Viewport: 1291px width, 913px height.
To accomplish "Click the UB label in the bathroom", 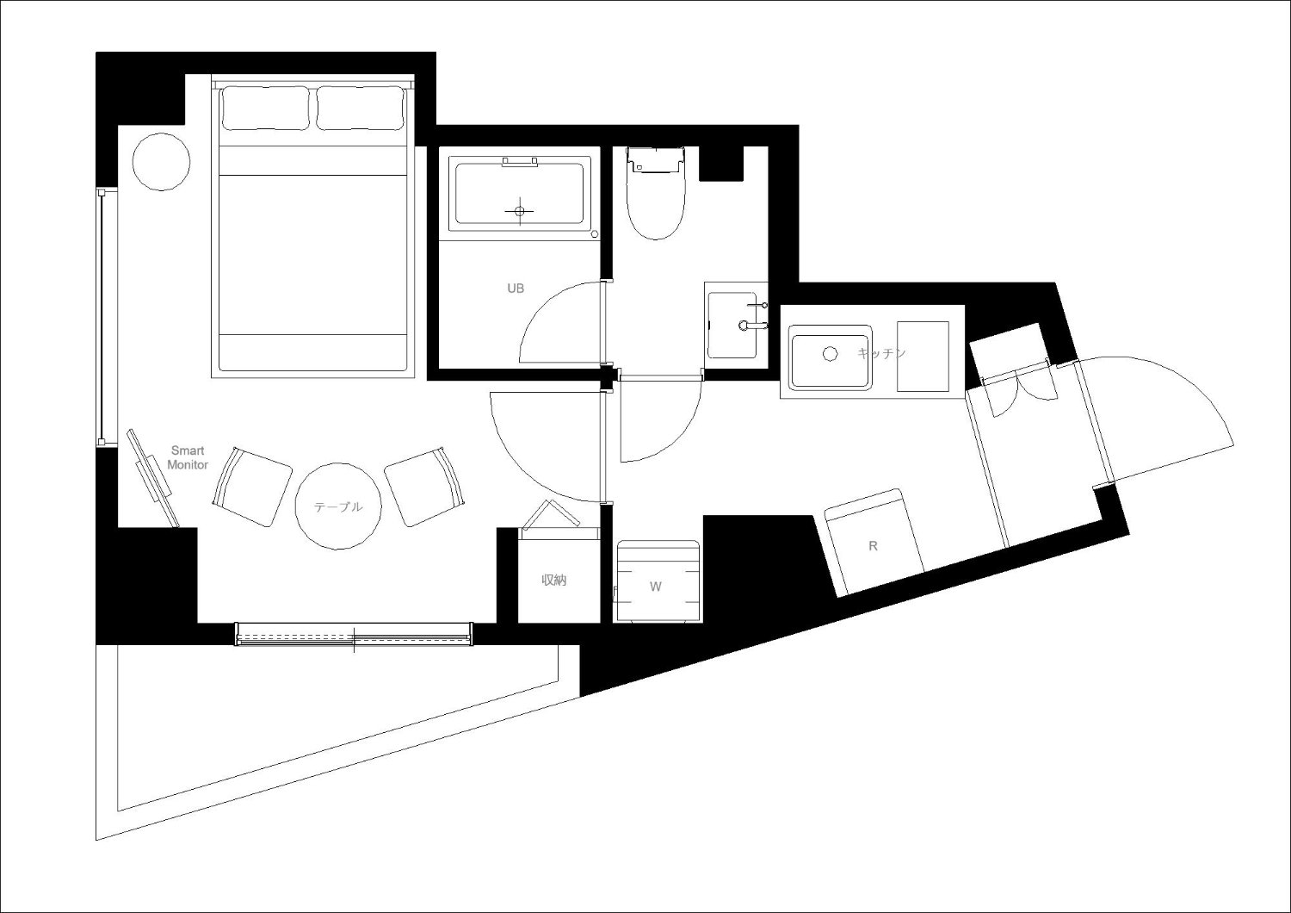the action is (x=516, y=289).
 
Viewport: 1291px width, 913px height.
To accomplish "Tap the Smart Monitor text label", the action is (x=188, y=457).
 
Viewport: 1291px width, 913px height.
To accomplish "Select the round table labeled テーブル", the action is (x=338, y=506).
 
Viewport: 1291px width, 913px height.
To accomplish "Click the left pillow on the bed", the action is (x=266, y=108).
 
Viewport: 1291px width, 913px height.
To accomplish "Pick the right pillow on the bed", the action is (x=360, y=108).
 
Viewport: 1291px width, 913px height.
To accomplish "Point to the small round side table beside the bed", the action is (x=162, y=161).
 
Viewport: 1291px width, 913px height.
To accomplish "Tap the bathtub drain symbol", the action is (x=520, y=211).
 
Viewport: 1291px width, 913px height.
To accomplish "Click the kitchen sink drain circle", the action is (x=830, y=354).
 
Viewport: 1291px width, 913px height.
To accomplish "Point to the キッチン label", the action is (x=882, y=353).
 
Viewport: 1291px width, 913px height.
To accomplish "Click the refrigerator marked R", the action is (x=874, y=542).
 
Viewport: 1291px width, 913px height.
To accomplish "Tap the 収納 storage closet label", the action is (x=554, y=581).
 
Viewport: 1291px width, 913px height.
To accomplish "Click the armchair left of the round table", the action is (x=252, y=486).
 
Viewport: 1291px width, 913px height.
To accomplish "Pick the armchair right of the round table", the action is (x=424, y=486).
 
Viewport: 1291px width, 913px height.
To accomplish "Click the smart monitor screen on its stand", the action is (x=152, y=478).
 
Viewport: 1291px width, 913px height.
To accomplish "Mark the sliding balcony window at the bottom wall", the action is (x=354, y=634).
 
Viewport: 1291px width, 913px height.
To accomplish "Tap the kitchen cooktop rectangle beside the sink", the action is (x=923, y=357).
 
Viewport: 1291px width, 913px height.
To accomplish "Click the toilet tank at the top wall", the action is (x=655, y=159).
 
